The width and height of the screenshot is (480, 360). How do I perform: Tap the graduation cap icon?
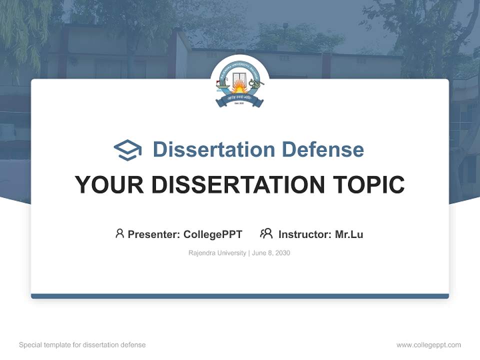point(127,150)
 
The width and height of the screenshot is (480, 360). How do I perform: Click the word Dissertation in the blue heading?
point(213,149)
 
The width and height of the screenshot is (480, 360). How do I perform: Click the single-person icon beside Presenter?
point(119,233)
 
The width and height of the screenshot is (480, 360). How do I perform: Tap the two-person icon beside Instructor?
point(266,233)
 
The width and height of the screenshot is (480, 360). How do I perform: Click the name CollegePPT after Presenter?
point(213,234)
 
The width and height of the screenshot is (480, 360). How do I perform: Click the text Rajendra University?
point(217,253)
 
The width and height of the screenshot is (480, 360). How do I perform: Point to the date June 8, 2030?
point(271,253)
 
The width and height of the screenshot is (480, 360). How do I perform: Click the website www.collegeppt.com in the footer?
point(428,345)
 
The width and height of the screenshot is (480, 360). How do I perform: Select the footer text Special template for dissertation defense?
point(82,345)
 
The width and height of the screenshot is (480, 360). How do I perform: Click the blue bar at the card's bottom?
point(240,296)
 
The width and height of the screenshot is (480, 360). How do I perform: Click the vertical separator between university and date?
point(249,253)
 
